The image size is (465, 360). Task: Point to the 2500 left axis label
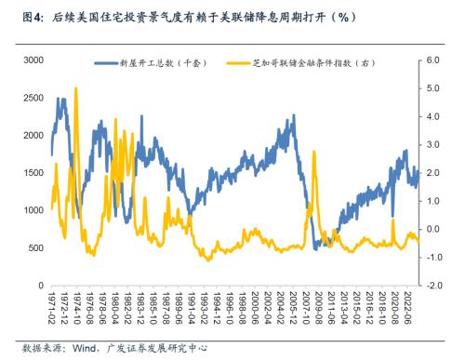coord(33,97)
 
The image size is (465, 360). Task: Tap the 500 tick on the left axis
coord(36,248)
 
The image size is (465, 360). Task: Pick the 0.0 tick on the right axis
coord(432,229)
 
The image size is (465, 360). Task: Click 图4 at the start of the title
coord(32,17)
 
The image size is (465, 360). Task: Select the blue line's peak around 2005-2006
coord(292,119)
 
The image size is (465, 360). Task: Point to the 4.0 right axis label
coord(432,115)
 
